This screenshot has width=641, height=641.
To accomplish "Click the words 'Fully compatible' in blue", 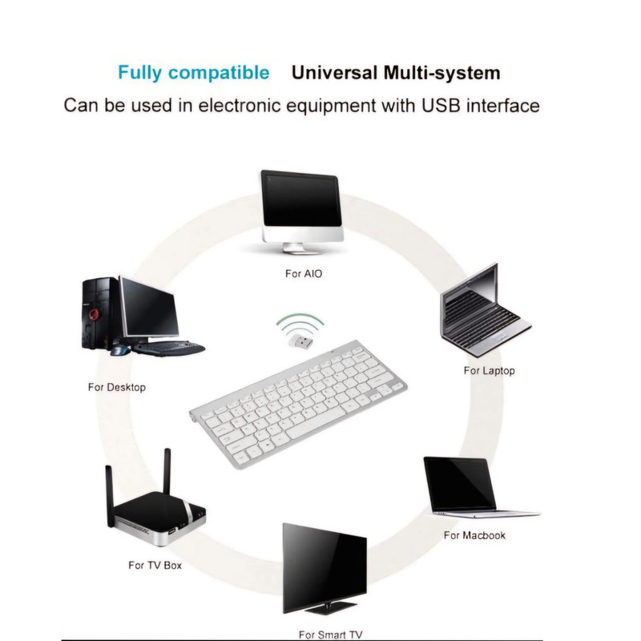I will tap(193, 73).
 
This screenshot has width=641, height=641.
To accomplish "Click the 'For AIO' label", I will tap(304, 274).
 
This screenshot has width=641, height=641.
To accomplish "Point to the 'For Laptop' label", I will tap(489, 371).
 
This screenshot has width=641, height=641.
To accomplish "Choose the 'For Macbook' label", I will tap(474, 534).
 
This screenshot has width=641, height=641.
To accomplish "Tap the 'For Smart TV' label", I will tap(330, 635).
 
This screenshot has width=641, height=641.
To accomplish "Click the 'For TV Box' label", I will tap(155, 565).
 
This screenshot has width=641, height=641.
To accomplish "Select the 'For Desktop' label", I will tap(116, 388).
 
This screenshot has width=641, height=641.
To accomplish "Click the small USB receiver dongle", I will tap(297, 344).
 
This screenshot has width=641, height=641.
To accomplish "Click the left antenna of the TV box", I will tap(110, 497).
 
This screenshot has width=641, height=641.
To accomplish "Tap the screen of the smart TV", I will tap(325, 564).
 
